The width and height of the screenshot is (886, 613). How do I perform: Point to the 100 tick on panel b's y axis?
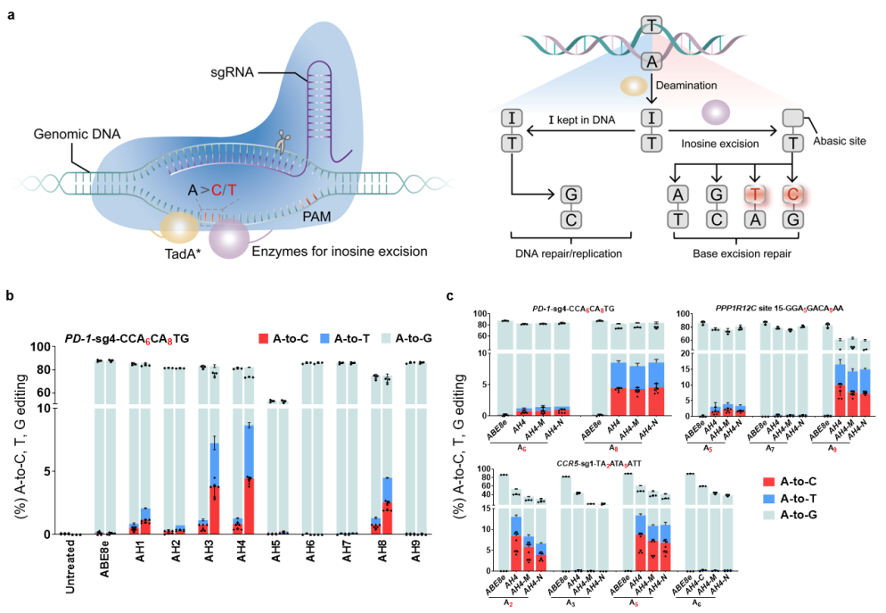(x=42, y=347)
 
